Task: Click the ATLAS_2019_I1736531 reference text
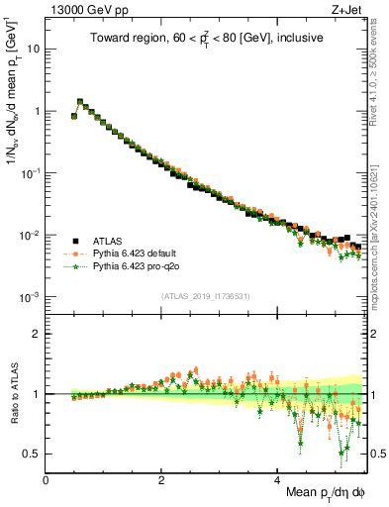tap(204, 296)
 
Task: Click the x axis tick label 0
tap(47, 479)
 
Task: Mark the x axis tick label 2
tap(161, 479)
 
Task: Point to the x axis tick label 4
tap(277, 479)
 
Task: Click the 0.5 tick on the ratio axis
tap(33, 454)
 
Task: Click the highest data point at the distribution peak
tap(80, 101)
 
